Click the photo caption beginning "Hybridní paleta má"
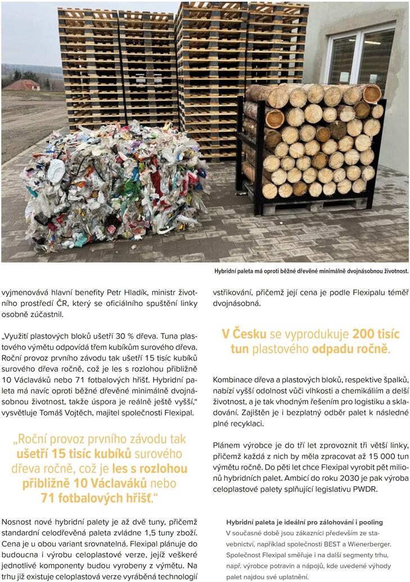[x=311, y=272]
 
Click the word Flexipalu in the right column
[x=361, y=291]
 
